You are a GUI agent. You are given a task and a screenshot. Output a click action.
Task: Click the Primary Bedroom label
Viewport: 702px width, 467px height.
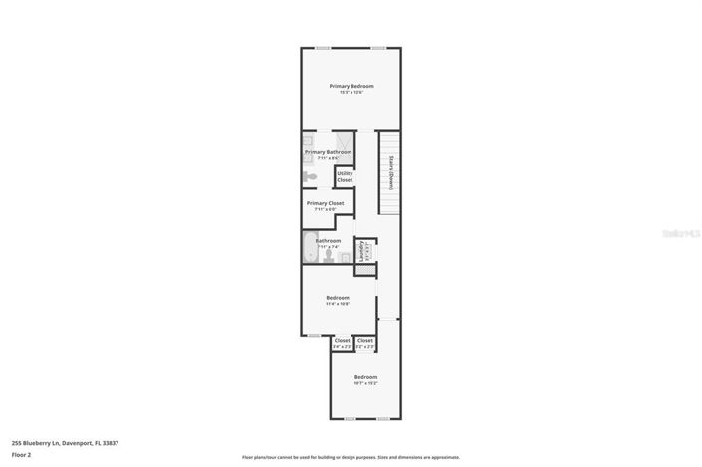point(351,86)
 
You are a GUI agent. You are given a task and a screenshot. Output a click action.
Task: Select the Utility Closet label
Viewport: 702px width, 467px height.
point(344,177)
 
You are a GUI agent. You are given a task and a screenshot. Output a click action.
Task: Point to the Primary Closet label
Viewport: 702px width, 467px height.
point(325,203)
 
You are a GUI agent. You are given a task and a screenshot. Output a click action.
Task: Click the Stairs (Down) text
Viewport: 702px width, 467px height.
point(392,173)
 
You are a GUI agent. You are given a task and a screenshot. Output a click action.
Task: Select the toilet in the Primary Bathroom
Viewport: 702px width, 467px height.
point(310,176)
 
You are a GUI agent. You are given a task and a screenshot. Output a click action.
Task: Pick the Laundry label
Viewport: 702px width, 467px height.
point(361,249)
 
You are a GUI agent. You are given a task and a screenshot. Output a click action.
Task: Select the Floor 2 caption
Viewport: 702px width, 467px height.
point(22,455)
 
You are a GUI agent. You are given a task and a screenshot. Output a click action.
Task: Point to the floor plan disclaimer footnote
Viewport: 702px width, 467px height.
point(351,458)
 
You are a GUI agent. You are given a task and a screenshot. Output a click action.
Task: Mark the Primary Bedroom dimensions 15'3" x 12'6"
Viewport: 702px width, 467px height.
point(351,92)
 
